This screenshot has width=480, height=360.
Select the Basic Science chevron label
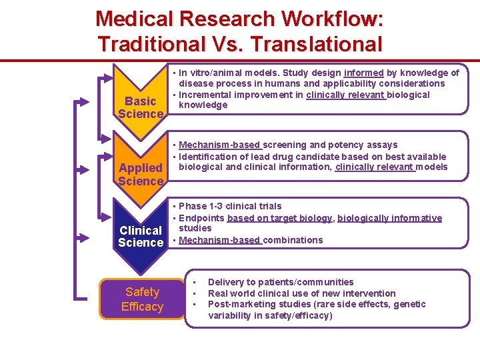pyautogui.click(x=141, y=107)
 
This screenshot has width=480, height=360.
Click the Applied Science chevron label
pyautogui.click(x=141, y=174)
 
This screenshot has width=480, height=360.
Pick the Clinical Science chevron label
pyautogui.click(x=141, y=236)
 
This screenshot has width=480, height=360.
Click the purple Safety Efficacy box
pyautogui.click(x=142, y=299)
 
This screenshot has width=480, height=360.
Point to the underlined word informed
pyautogui.click(x=363, y=73)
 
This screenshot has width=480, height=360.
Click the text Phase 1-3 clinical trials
pyautogui.click(x=230, y=206)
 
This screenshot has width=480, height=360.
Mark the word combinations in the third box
pyautogui.click(x=293, y=240)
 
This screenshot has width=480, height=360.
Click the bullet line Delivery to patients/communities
pyautogui.click(x=281, y=282)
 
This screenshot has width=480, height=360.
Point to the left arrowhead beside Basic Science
pyautogui.click(x=82, y=101)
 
